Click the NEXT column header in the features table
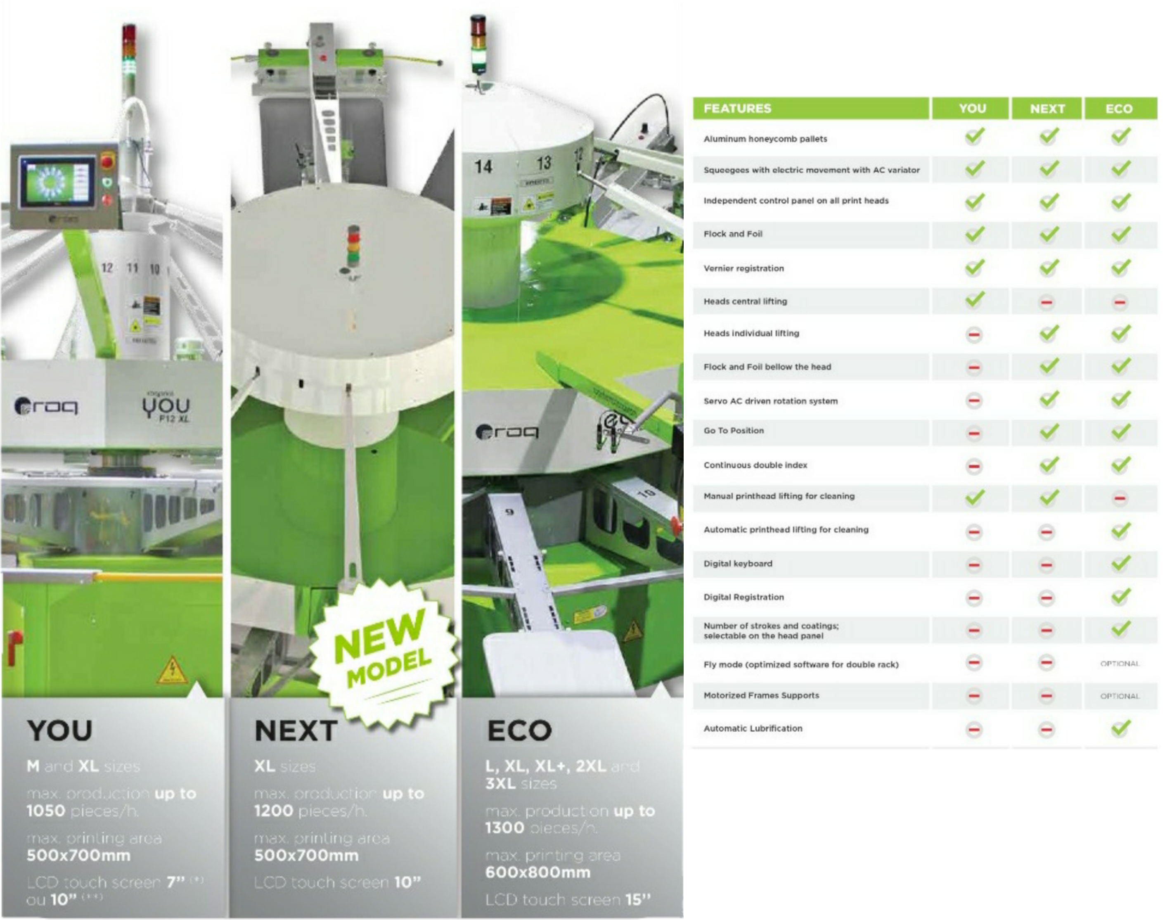[x=1047, y=109]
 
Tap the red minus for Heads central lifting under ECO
[x=1120, y=303]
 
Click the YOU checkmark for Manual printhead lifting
[x=974, y=497]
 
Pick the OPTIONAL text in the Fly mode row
[x=1120, y=664]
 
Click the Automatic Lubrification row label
[x=753, y=729]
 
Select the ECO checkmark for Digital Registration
[x=1120, y=596]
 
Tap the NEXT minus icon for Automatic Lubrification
[x=1047, y=730]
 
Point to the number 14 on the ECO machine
[x=483, y=166]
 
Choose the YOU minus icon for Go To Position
[x=974, y=433]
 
